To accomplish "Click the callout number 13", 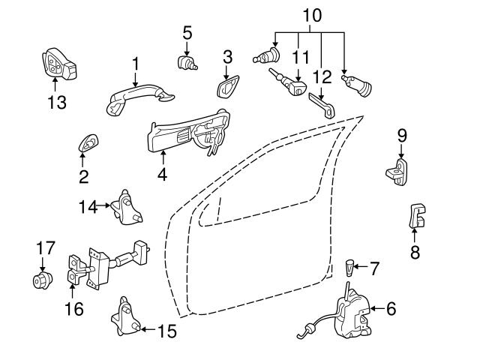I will (x=56, y=103).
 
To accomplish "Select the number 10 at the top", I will (x=311, y=13).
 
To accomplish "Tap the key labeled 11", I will (x=289, y=84).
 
